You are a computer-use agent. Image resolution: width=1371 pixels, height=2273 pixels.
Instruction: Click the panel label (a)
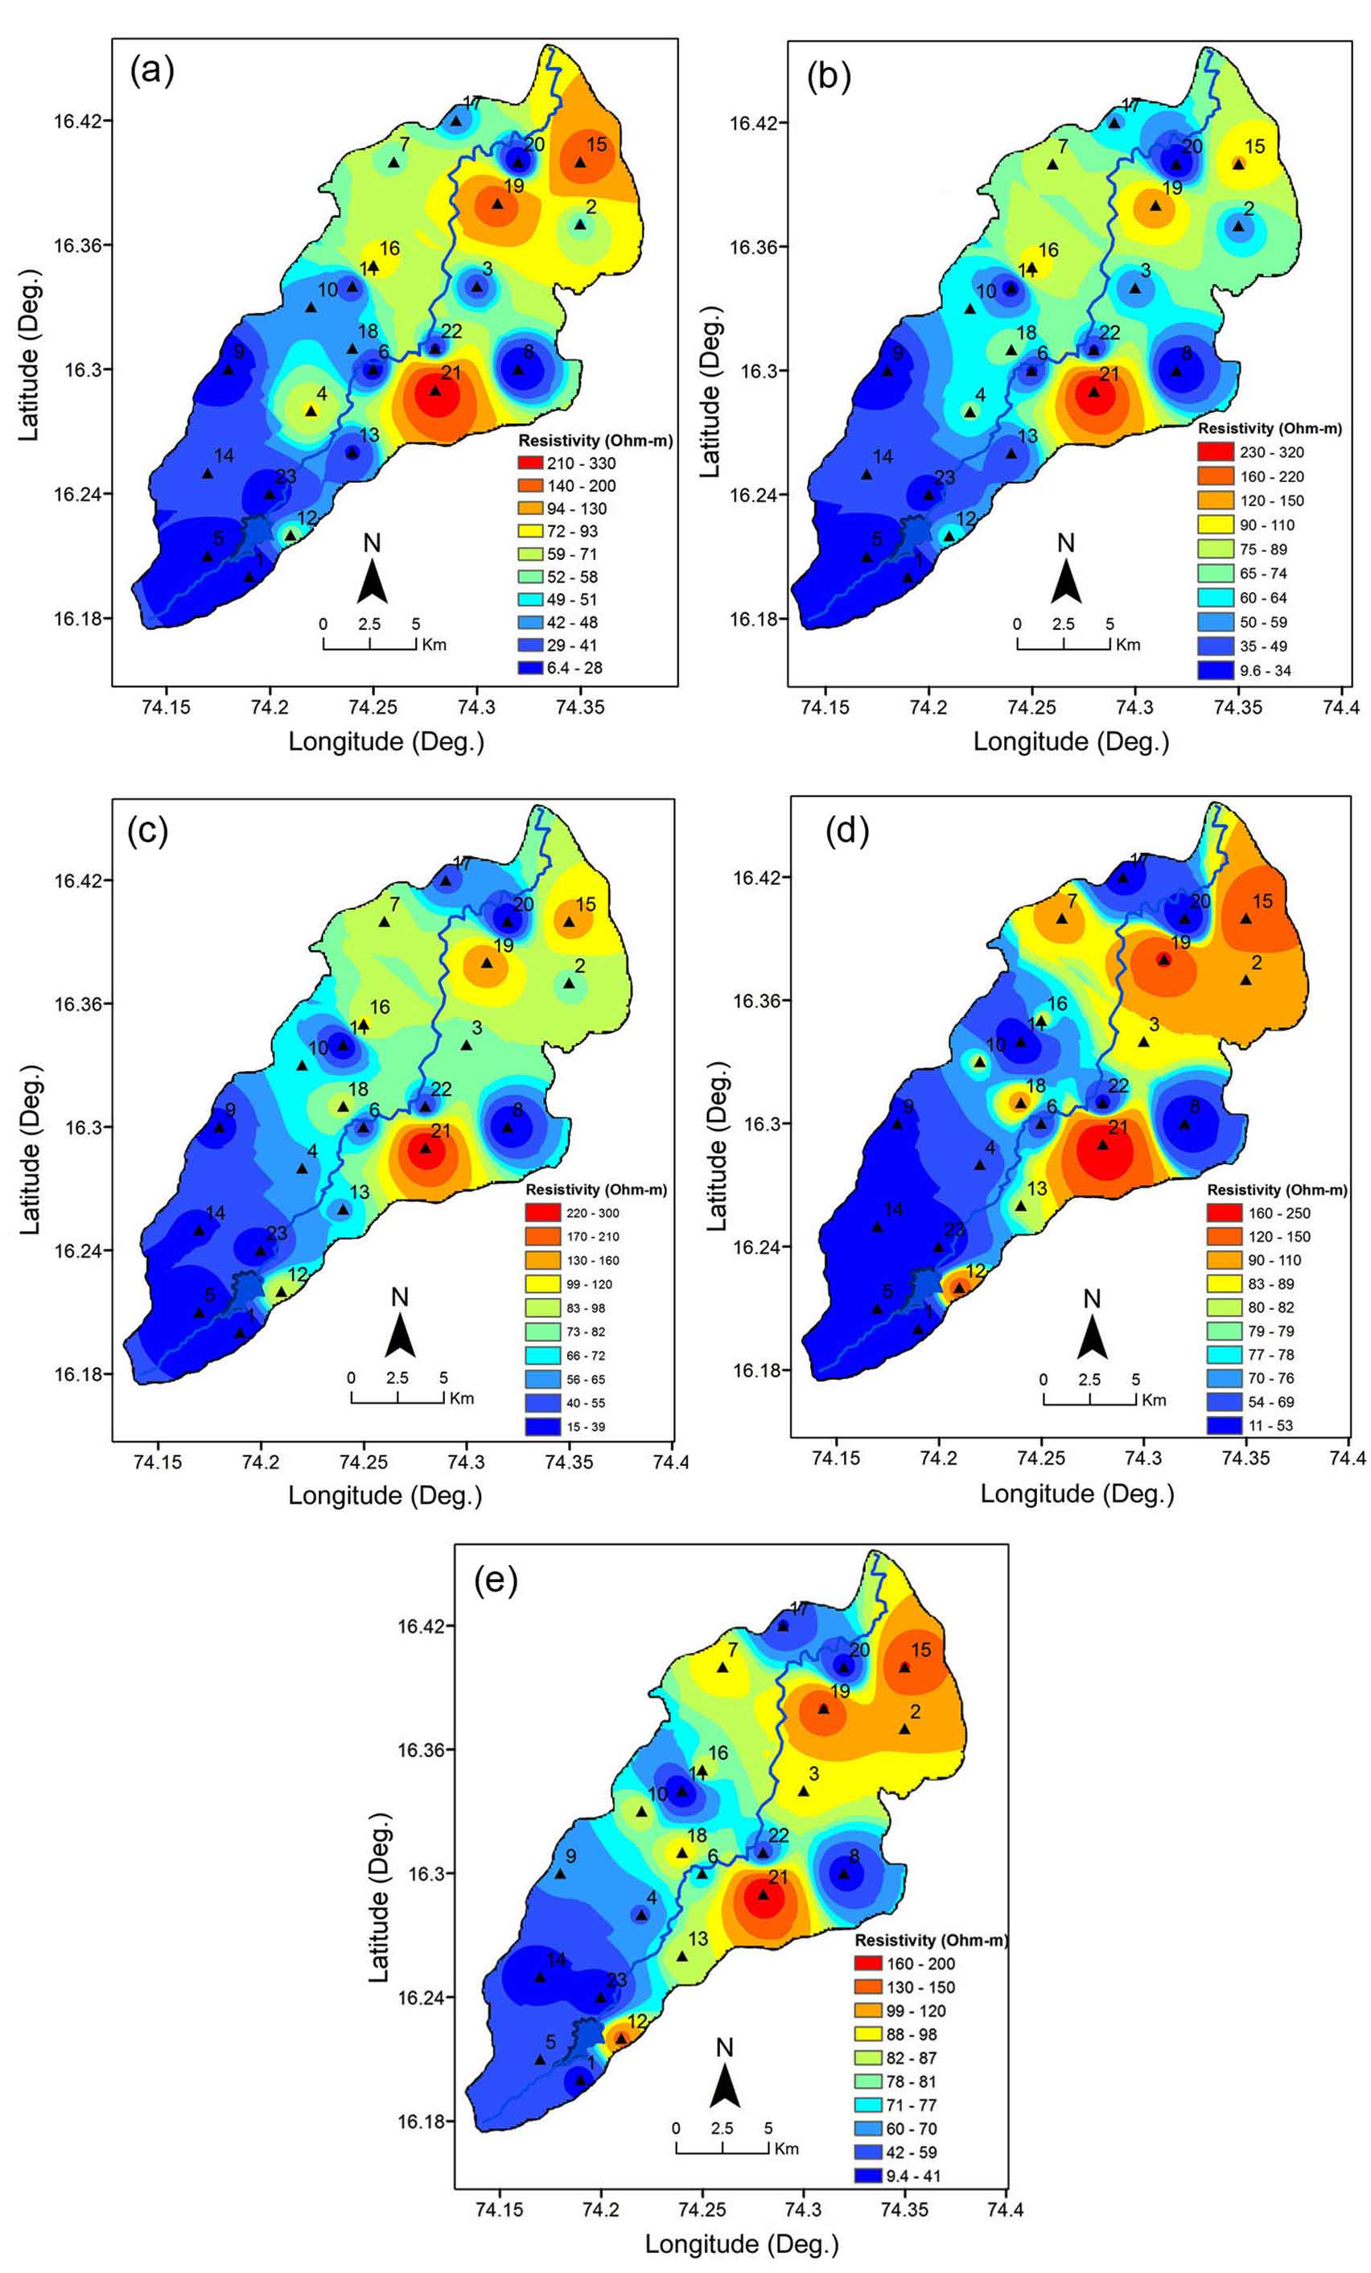[x=152, y=70]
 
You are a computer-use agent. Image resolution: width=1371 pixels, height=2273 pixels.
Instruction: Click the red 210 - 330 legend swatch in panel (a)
[x=529, y=463]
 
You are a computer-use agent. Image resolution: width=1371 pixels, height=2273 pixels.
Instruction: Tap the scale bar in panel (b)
[x=1064, y=644]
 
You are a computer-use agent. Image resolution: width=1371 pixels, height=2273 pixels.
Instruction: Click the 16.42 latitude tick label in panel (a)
[x=76, y=121]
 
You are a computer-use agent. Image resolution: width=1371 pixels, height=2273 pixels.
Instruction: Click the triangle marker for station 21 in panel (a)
[x=435, y=390]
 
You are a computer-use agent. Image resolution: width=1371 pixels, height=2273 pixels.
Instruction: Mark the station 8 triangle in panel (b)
[x=1176, y=371]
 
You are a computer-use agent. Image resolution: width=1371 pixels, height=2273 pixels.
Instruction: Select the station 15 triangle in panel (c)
[x=570, y=921]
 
